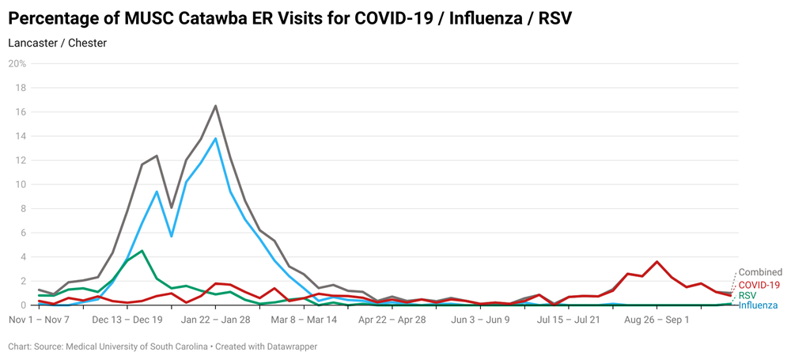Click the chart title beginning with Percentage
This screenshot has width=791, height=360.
point(290,18)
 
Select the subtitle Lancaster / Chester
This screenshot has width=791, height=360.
point(57,43)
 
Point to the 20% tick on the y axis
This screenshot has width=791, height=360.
point(17,63)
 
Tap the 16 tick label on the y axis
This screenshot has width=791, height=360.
point(21,112)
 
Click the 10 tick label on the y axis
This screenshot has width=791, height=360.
point(21,184)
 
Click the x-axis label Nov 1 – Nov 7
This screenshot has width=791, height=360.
point(39,320)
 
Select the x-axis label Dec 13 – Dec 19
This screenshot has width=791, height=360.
point(127,320)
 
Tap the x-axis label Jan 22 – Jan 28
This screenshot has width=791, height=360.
point(215,320)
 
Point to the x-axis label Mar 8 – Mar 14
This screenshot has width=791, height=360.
point(304,320)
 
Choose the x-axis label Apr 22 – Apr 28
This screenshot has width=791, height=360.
point(392,320)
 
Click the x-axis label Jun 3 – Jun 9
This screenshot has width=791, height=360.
point(480,320)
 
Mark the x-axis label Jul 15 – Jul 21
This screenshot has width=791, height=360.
point(568,320)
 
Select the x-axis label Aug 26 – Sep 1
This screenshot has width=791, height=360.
point(657,320)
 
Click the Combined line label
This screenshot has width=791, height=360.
point(760,272)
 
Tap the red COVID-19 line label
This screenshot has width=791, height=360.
point(759,284)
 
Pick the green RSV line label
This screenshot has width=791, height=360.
point(748,294)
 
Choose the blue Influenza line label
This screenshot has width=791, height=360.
point(758,305)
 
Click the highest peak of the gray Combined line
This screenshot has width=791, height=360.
point(215,106)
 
